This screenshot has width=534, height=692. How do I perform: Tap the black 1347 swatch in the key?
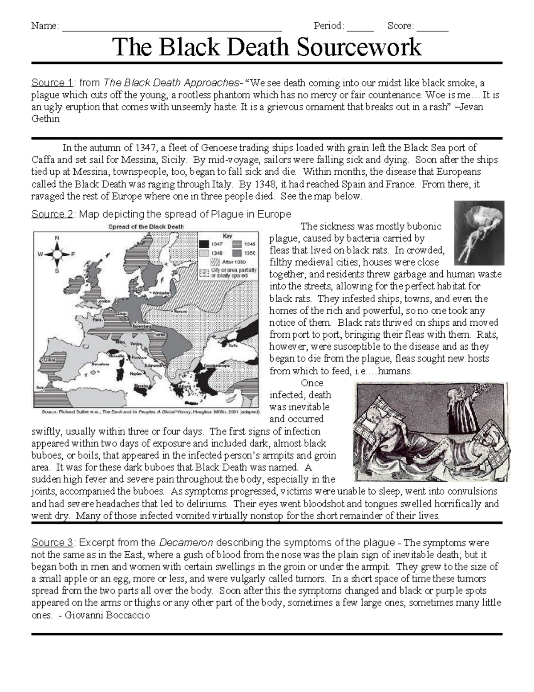point(204,244)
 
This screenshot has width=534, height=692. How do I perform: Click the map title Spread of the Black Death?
point(146,226)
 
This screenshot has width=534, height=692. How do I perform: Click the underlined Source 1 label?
point(52,82)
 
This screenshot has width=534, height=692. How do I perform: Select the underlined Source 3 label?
point(52,543)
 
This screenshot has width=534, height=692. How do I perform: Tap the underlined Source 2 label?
point(52,214)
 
